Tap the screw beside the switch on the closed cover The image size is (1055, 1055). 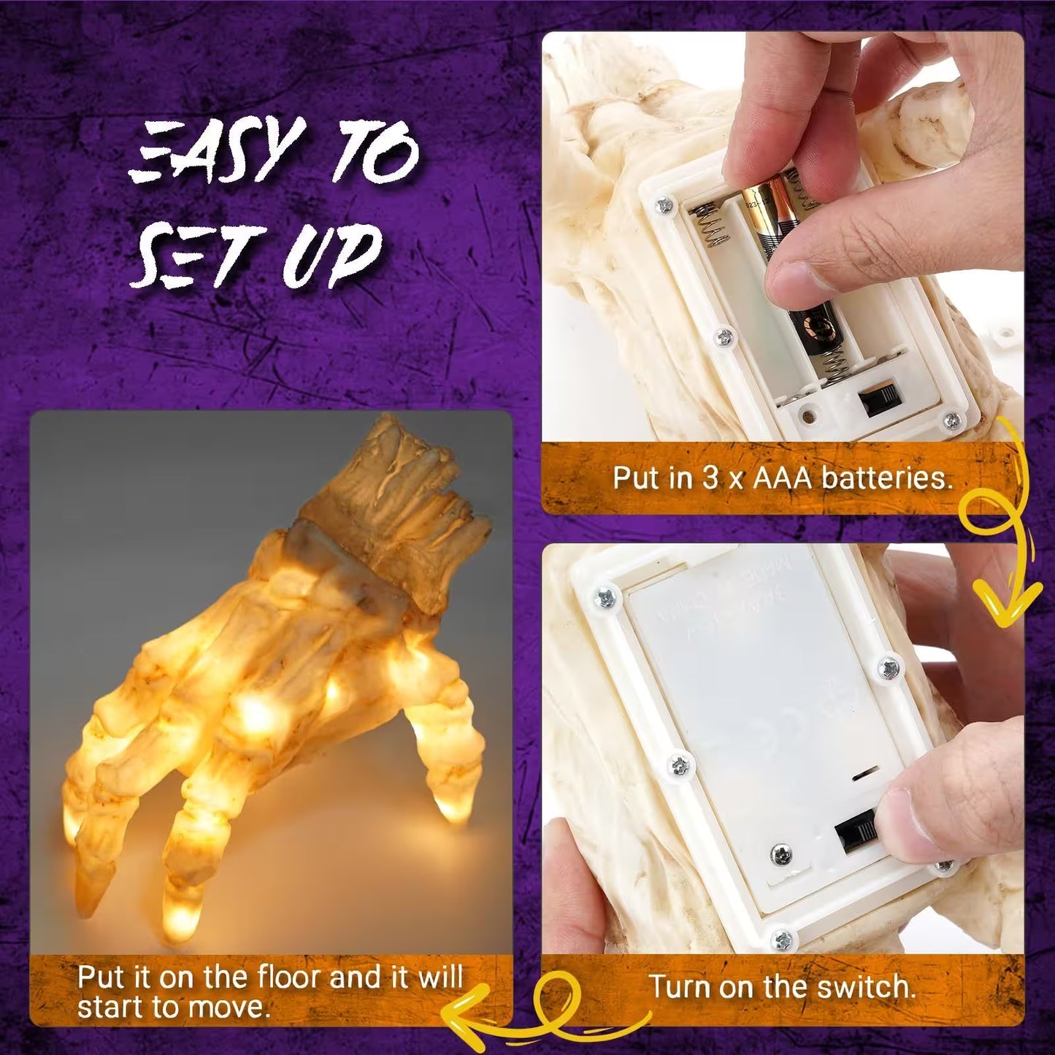[782, 853]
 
